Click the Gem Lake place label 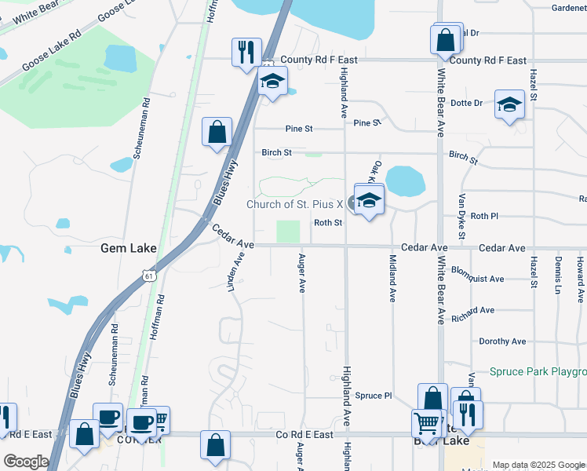(x=129, y=249)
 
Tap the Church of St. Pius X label (x=295, y=204)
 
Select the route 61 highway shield (x=148, y=275)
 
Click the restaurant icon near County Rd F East (x=246, y=53)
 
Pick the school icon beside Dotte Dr (x=509, y=104)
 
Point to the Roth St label (x=328, y=223)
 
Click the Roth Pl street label (x=484, y=216)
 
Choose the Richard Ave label (x=472, y=311)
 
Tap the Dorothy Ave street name (x=502, y=341)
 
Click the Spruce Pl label (x=373, y=396)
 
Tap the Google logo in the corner (x=25, y=462)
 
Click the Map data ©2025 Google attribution (x=538, y=465)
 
